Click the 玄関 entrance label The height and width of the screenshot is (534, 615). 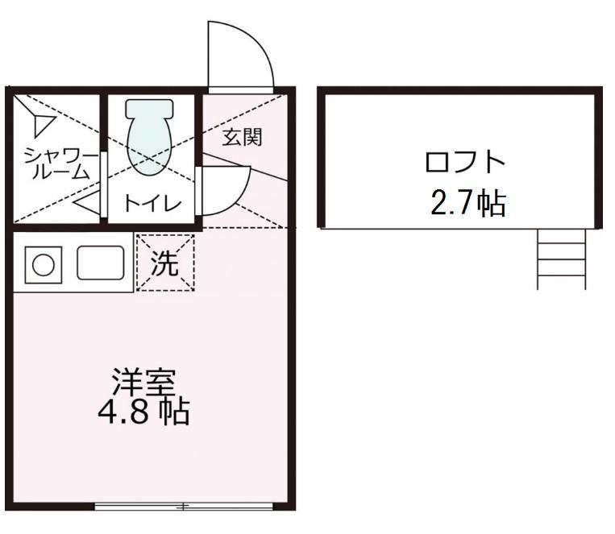(x=242, y=137)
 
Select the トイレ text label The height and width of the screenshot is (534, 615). (x=152, y=204)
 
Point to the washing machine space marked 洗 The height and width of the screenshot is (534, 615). (x=165, y=263)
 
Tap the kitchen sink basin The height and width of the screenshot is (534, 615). (x=100, y=263)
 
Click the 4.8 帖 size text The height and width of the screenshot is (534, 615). (x=143, y=412)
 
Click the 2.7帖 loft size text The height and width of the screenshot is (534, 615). (x=467, y=203)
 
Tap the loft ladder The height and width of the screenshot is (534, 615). (x=562, y=259)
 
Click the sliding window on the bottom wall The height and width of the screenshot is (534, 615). (x=184, y=507)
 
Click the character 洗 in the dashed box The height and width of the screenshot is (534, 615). (x=165, y=263)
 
